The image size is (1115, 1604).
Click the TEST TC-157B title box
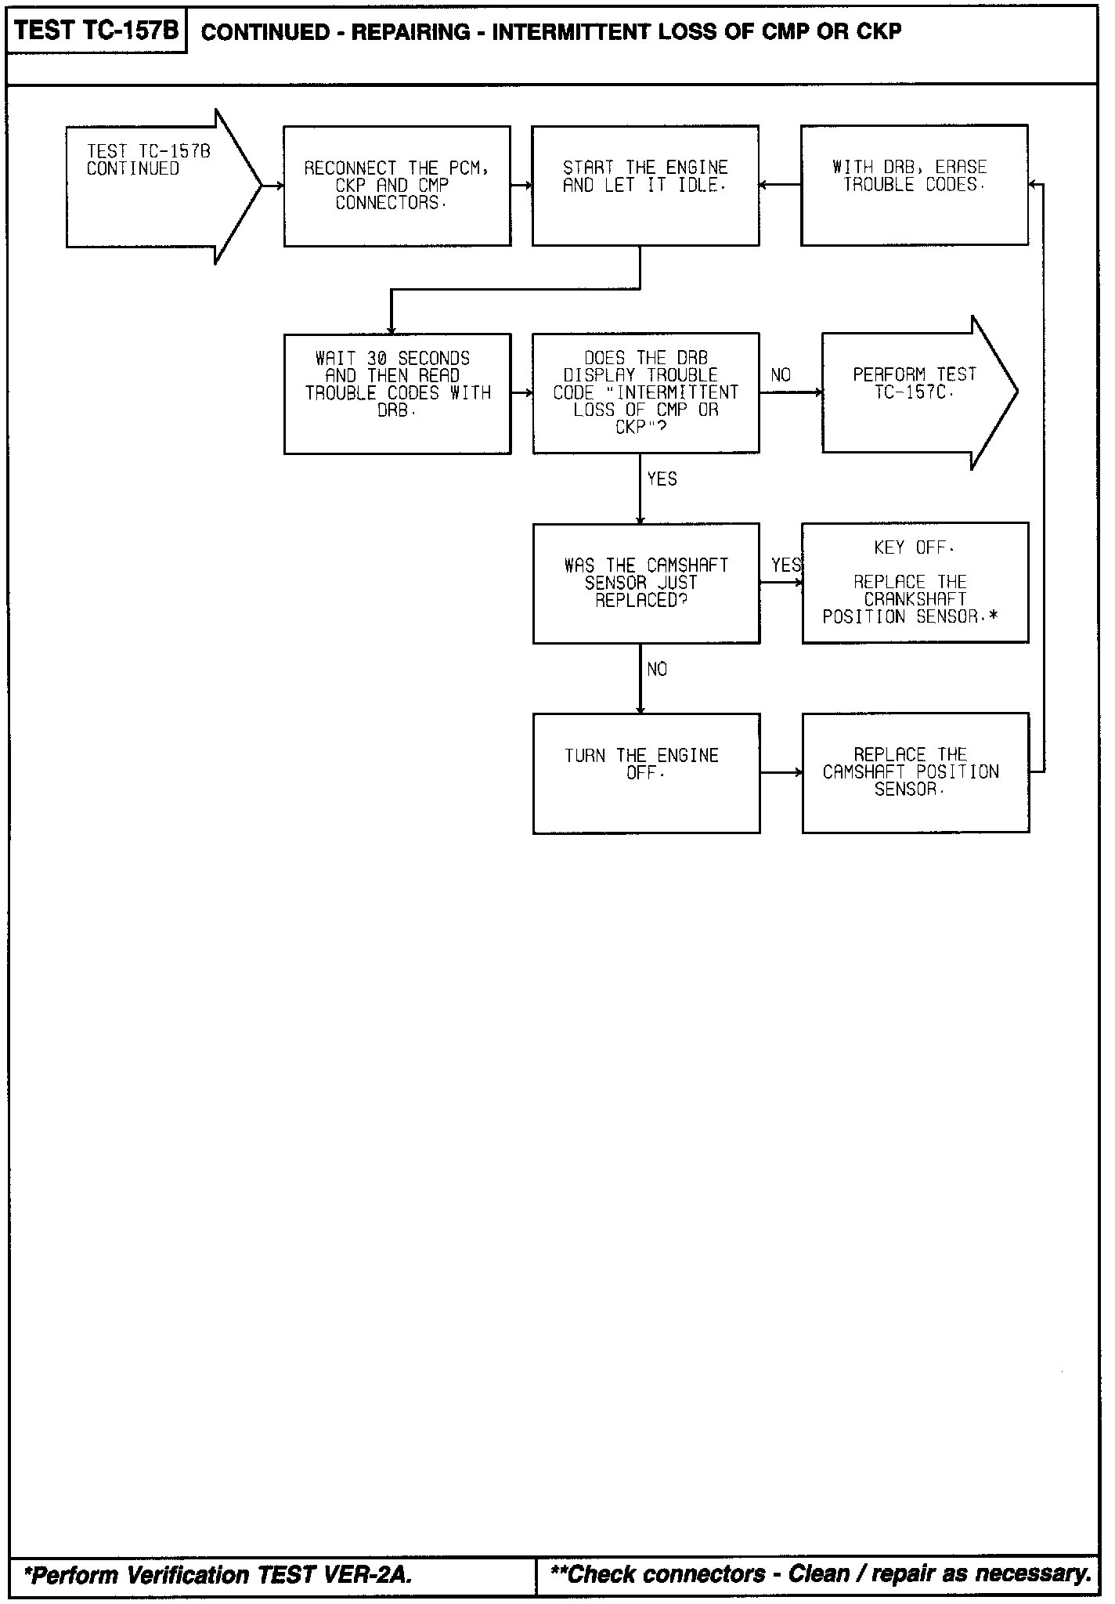tap(96, 32)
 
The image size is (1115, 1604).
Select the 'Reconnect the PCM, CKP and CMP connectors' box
tap(397, 186)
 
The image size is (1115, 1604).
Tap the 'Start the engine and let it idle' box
tap(645, 186)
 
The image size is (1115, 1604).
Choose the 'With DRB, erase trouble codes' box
tap(914, 185)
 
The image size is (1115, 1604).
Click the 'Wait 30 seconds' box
tap(397, 393)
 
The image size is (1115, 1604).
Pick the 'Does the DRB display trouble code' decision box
tap(645, 393)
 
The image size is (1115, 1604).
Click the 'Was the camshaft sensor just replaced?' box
tap(646, 583)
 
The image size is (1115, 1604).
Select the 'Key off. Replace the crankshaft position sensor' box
tap(915, 583)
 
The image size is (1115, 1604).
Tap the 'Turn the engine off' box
tap(646, 773)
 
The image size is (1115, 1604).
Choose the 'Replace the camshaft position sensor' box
tap(915, 772)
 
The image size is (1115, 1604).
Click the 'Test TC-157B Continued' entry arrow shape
tap(157, 186)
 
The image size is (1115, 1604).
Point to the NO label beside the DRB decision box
tap(781, 376)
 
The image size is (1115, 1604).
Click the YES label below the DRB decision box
tap(662, 479)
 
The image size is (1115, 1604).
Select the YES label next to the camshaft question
tap(785, 565)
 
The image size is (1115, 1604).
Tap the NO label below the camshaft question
tap(658, 670)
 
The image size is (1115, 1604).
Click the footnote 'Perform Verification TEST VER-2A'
tap(218, 1575)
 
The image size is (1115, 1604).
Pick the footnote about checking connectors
tap(821, 1574)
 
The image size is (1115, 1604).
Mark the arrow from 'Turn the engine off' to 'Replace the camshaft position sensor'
tap(781, 773)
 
